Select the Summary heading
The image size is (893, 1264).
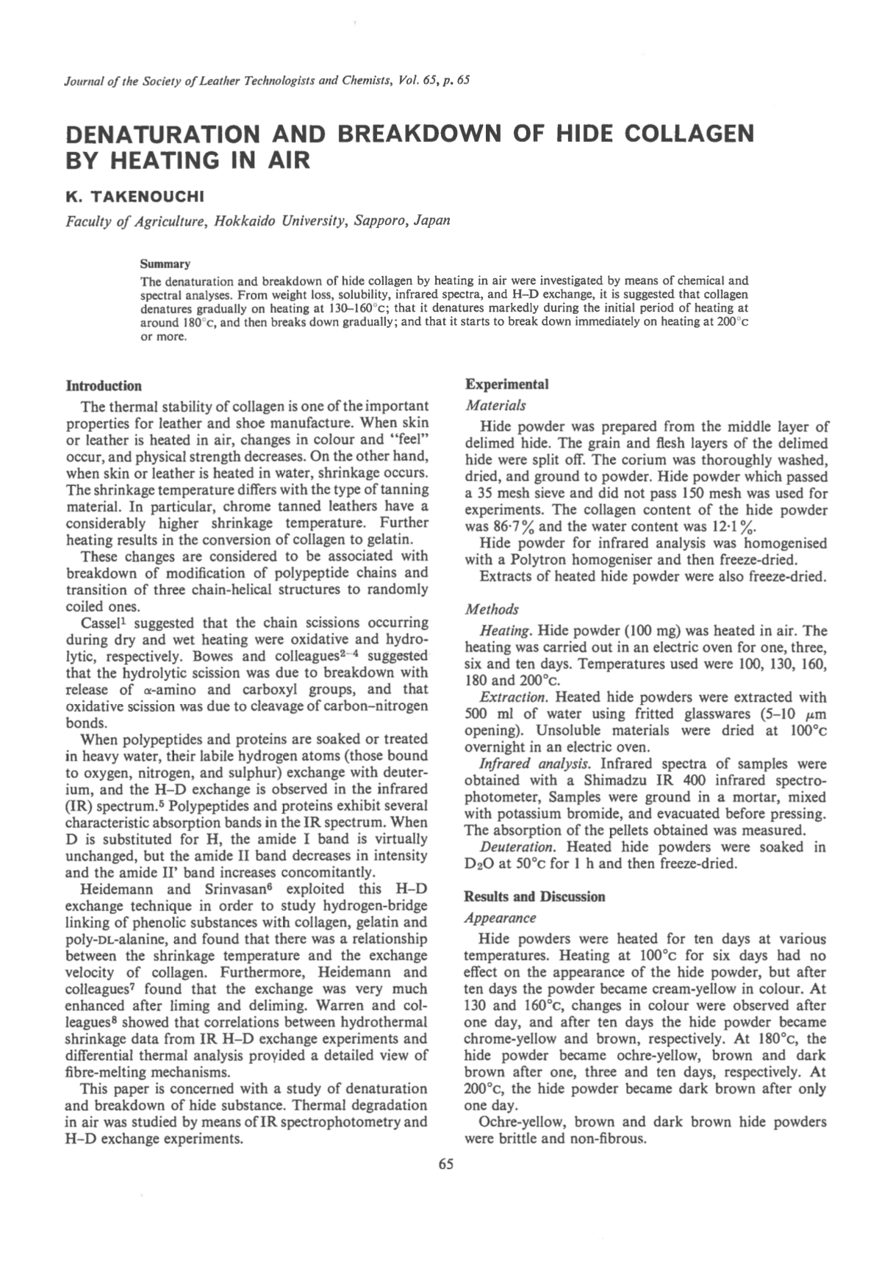pyautogui.click(x=165, y=264)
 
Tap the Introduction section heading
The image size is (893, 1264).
pyautogui.click(x=104, y=386)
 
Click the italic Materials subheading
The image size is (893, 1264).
pyautogui.click(x=495, y=405)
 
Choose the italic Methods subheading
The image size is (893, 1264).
pyautogui.click(x=492, y=609)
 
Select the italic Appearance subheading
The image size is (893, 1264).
pyautogui.click(x=501, y=918)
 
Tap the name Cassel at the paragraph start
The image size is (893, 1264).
pyautogui.click(x=104, y=622)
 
